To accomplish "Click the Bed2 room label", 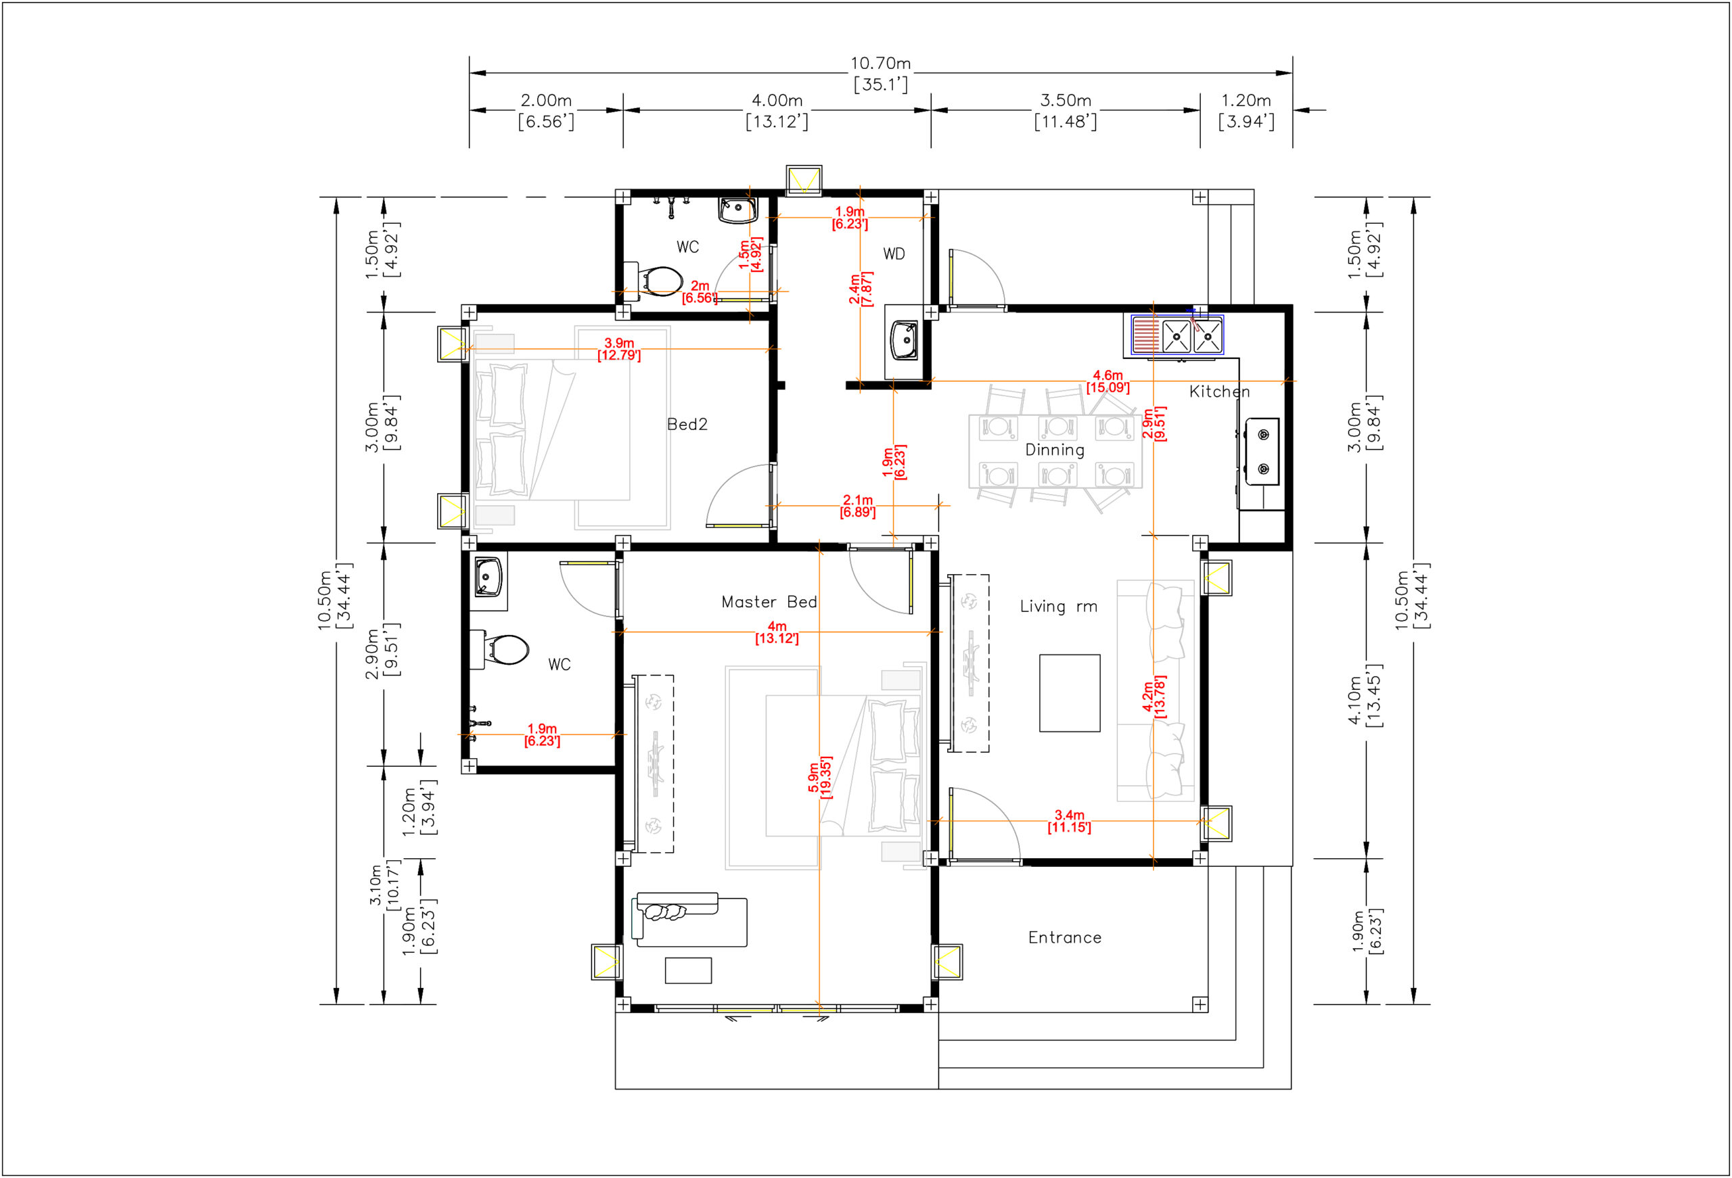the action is pyautogui.click(x=687, y=425).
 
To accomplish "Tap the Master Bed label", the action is pyautogui.click(x=769, y=602).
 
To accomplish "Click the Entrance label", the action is pyautogui.click(x=1064, y=938).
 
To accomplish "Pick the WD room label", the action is pyautogui.click(x=894, y=254).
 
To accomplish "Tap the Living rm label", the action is pyautogui.click(x=1058, y=607).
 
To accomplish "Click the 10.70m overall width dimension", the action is pyautogui.click(x=880, y=64).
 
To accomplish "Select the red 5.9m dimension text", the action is pyautogui.click(x=819, y=778).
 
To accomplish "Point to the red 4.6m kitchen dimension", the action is pyautogui.click(x=1108, y=381).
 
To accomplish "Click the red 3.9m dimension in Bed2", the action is pyautogui.click(x=618, y=349).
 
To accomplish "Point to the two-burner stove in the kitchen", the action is pyautogui.click(x=1262, y=452).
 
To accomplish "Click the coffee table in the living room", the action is pyautogui.click(x=1070, y=693).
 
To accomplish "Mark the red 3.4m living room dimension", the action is pyautogui.click(x=1069, y=821).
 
